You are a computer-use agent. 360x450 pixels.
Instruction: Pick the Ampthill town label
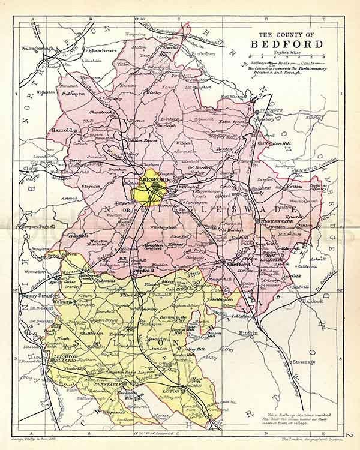click(x=138, y=271)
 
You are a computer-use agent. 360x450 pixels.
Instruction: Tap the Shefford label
click(x=233, y=263)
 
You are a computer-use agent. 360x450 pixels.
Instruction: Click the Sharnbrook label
click(x=104, y=112)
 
